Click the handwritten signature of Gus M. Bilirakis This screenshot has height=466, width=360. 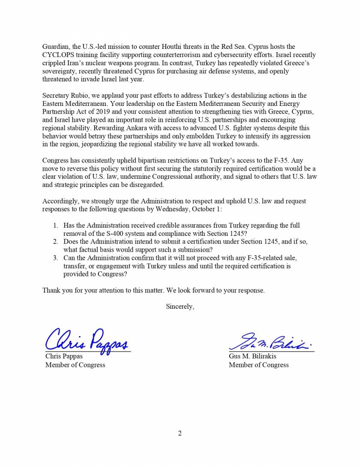click(x=270, y=342)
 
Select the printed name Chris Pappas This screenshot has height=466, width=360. click(x=64, y=356)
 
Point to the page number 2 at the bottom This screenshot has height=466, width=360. click(x=180, y=433)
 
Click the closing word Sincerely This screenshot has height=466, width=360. click(x=180, y=307)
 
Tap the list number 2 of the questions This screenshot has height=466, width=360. click(x=55, y=242)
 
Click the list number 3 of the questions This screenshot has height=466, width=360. click(x=55, y=258)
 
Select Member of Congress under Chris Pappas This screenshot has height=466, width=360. click(x=75, y=365)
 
